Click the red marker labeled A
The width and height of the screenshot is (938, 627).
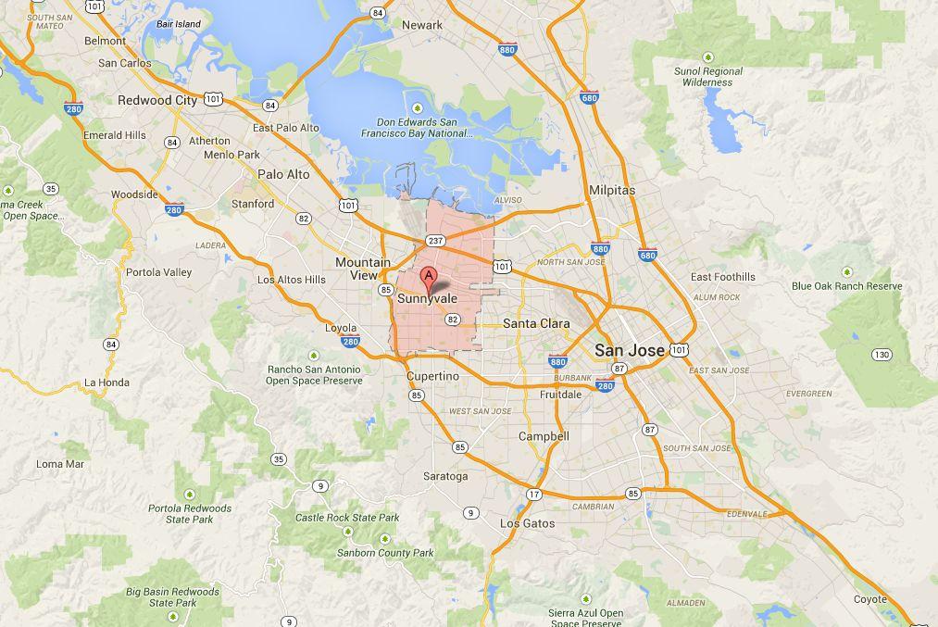[x=429, y=275]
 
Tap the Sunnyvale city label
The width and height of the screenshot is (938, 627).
[x=427, y=299]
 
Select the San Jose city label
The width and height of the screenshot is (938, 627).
[x=630, y=350]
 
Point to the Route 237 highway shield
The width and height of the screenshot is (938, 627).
[x=436, y=241]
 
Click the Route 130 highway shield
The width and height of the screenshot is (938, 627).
[x=882, y=355]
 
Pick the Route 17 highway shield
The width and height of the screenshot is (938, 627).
[x=534, y=495]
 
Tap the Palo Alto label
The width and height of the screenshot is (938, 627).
[x=283, y=174]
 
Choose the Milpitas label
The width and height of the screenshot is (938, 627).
[x=612, y=190]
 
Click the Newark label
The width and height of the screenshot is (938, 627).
[x=422, y=25]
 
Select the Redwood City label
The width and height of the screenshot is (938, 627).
[x=157, y=100]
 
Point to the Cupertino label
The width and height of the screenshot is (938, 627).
[x=432, y=376]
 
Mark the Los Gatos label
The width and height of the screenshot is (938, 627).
[x=527, y=523]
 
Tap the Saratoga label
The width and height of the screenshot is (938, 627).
[x=445, y=476]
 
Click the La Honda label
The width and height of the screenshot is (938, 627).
[x=106, y=382]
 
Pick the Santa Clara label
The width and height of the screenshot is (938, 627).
[x=536, y=323]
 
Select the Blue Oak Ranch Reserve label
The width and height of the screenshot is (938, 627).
[x=846, y=286]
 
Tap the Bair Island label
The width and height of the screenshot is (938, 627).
[x=179, y=23]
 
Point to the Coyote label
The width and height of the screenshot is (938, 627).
[x=869, y=599]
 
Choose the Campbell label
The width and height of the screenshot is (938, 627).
[x=544, y=436]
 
